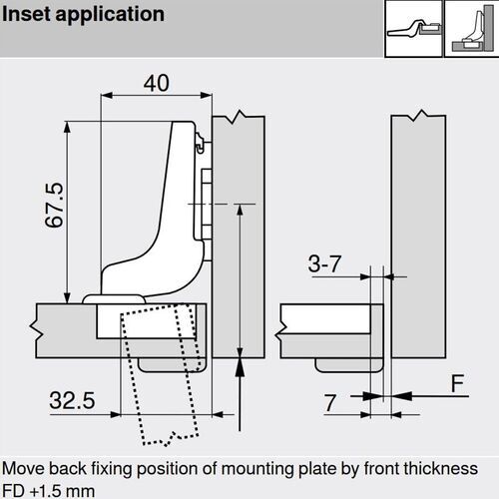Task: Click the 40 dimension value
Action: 156,84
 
